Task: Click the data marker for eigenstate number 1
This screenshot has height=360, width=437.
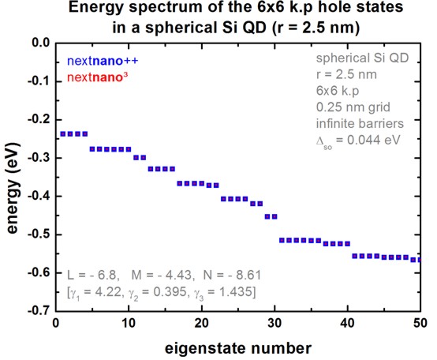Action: [62, 133]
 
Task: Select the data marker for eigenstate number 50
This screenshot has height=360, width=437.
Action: [419, 259]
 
